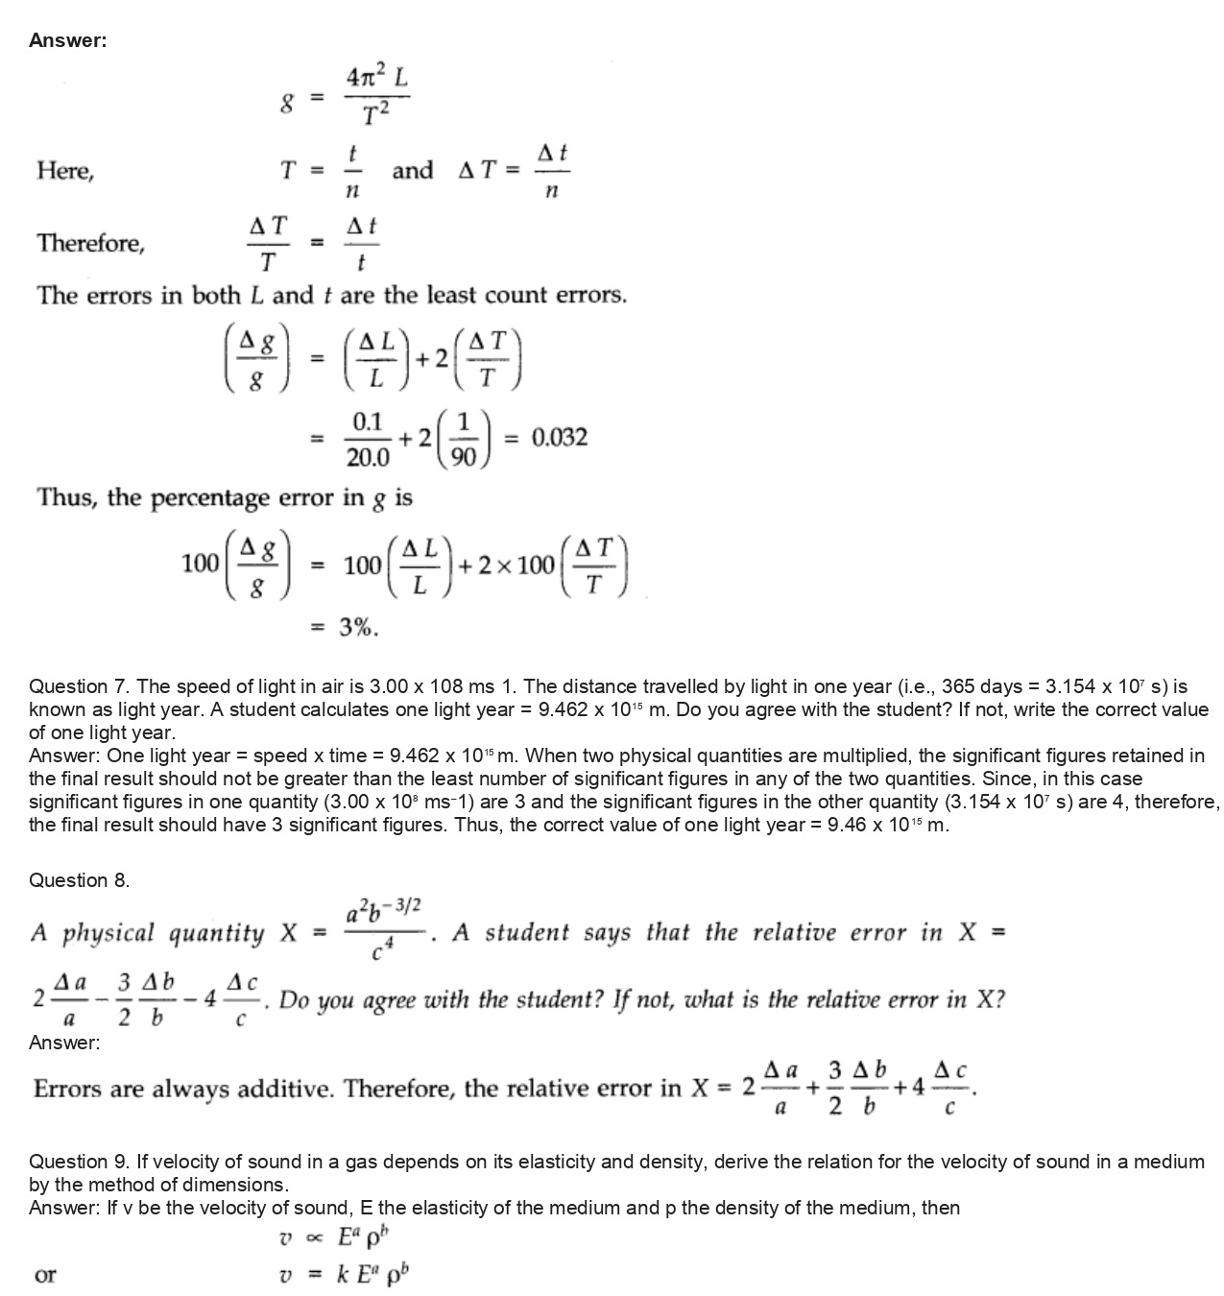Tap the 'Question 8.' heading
point(80,880)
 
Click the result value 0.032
point(560,439)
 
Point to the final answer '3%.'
point(358,629)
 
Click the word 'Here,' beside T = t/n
point(65,172)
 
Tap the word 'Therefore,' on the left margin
point(91,244)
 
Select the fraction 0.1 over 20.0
point(368,439)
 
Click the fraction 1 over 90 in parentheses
point(464,439)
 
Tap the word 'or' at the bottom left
point(45,1276)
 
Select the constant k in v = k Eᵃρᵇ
point(342,1275)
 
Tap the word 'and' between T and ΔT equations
point(413,171)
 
